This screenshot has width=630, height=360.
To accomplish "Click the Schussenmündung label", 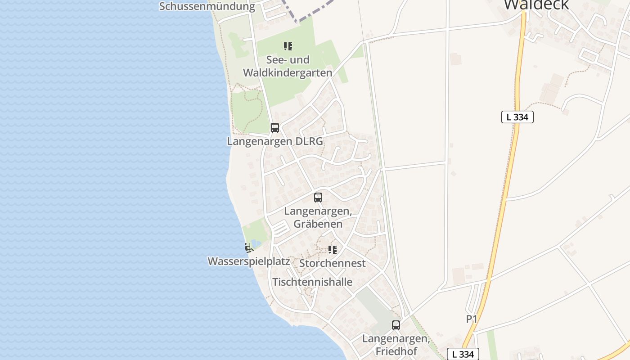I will pyautogui.click(x=207, y=6).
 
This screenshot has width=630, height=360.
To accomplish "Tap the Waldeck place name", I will pyautogui.click(x=536, y=4).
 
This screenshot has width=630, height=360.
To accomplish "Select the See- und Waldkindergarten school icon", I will pyautogui.click(x=288, y=46).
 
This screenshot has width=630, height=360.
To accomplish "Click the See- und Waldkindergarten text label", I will pyautogui.click(x=288, y=66).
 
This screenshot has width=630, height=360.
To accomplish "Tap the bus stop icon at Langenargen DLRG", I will pyautogui.click(x=275, y=127).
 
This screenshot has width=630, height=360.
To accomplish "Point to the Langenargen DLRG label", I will pyautogui.click(x=275, y=141).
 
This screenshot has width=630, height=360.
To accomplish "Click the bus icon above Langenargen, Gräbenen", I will pyautogui.click(x=318, y=197).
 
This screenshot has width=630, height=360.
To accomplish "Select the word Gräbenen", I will pyautogui.click(x=318, y=224).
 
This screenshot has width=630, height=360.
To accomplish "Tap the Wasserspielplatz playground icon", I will pyautogui.click(x=248, y=247).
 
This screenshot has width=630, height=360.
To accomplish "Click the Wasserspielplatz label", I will pyautogui.click(x=248, y=261).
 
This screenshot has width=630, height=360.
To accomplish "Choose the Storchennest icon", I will pyautogui.click(x=333, y=250).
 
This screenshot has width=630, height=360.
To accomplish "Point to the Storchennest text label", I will pyautogui.click(x=333, y=263).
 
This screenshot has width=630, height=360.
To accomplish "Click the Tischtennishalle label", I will pyautogui.click(x=312, y=282).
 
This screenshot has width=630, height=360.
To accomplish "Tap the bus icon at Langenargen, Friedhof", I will pyautogui.click(x=396, y=325).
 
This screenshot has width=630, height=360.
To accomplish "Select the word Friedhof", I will pyautogui.click(x=396, y=351).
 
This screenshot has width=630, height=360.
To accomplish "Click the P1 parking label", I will pyautogui.click(x=471, y=319).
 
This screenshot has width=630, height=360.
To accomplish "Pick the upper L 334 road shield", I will pyautogui.click(x=517, y=117).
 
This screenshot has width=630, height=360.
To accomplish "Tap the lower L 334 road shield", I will pyautogui.click(x=463, y=354).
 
